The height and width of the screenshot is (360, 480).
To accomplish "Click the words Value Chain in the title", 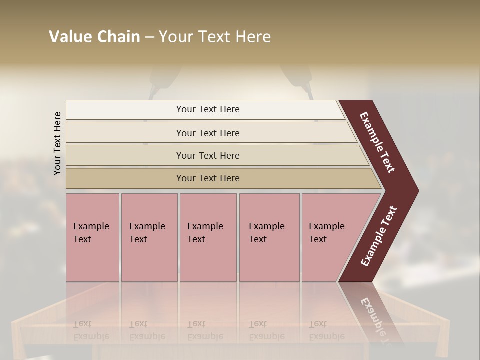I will [94, 37].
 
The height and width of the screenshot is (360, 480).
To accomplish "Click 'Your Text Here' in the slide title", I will [215, 37].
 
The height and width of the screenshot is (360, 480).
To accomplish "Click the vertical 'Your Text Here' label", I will [57, 143].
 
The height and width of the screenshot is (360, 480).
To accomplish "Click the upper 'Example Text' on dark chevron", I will [377, 142].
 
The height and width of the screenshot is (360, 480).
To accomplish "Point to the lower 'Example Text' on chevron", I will [379, 236].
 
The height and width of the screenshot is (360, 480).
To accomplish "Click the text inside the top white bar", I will [208, 109].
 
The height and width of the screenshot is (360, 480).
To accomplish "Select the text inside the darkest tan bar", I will [208, 178].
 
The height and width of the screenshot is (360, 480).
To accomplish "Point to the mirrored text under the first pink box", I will [91, 330].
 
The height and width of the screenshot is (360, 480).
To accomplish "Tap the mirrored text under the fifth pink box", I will [326, 330].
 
